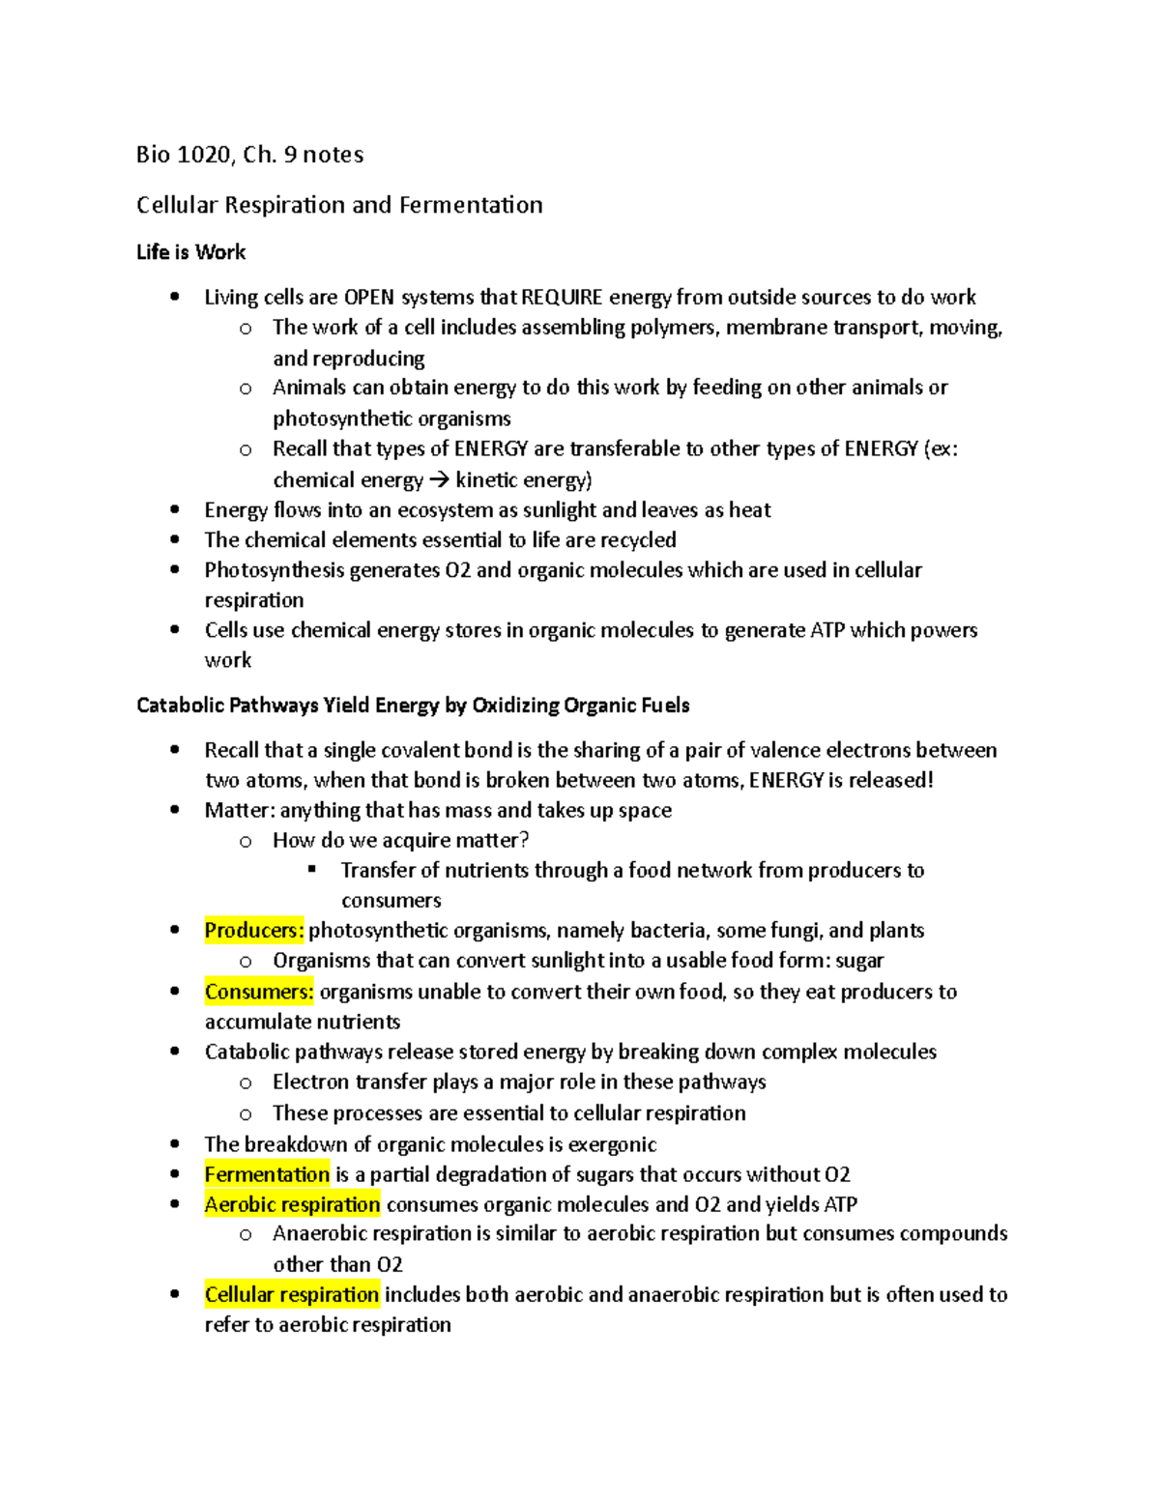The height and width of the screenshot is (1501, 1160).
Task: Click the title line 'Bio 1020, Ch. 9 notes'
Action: pyautogui.click(x=249, y=155)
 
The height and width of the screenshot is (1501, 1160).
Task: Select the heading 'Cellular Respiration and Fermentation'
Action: pyautogui.click(x=339, y=205)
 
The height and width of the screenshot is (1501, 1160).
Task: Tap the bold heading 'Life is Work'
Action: pyautogui.click(x=190, y=252)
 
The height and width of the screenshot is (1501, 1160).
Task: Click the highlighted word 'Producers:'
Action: pyautogui.click(x=254, y=931)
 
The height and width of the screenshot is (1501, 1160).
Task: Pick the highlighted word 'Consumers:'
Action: pyautogui.click(x=259, y=992)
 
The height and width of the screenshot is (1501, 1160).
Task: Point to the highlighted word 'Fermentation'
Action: pyautogui.click(x=267, y=1174)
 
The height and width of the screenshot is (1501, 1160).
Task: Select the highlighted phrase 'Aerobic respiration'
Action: pyautogui.click(x=292, y=1204)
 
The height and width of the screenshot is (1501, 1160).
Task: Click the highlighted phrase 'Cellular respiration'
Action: pyautogui.click(x=292, y=1294)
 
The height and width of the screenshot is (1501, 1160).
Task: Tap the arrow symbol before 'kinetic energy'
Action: pyautogui.click(x=439, y=480)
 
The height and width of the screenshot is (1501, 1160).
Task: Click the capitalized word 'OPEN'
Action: pyautogui.click(x=369, y=297)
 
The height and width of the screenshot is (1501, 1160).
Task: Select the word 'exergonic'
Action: pyautogui.click(x=612, y=1144)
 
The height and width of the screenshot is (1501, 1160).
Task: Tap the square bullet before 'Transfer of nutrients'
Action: pyautogui.click(x=312, y=870)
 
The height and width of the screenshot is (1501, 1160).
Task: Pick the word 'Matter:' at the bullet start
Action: pyautogui.click(x=240, y=810)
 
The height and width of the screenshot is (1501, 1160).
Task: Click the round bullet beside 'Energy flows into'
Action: pyautogui.click(x=175, y=510)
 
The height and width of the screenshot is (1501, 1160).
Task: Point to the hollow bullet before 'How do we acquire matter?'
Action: pyautogui.click(x=246, y=841)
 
